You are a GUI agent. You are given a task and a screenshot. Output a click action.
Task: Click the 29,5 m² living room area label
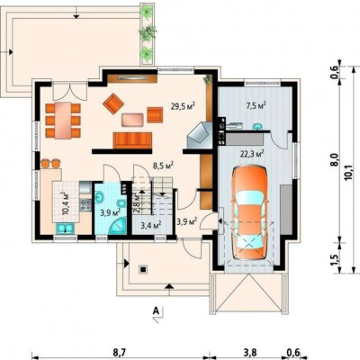184,106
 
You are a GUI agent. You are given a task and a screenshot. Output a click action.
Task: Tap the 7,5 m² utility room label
255,106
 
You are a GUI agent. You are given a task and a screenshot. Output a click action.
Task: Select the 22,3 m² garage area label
252,154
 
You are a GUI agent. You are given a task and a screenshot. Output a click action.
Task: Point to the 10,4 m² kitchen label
66,203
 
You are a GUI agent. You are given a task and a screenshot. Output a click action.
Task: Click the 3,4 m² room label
151,224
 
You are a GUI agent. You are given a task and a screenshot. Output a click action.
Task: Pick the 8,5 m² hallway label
164,166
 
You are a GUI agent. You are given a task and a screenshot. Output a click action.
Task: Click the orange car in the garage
249,212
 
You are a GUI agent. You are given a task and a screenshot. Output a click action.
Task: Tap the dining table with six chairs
63,121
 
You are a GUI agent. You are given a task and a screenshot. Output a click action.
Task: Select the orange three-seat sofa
132,140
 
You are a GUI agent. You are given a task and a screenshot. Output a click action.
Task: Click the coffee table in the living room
132,120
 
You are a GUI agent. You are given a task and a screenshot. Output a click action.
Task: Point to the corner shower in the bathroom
118,226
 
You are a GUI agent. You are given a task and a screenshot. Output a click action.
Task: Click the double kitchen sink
66,229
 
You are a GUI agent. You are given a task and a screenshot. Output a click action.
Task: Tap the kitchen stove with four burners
85,205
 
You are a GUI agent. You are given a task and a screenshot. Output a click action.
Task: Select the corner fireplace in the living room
200,135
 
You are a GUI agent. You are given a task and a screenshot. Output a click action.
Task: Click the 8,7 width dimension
119,353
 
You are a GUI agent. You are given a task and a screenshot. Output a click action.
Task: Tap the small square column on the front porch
143,269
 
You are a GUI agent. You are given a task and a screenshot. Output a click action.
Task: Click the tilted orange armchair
113,103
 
